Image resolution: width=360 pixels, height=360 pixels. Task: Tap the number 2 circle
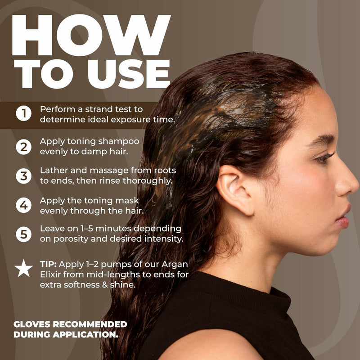[23, 146]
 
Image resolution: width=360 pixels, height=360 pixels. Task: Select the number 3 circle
[23, 175]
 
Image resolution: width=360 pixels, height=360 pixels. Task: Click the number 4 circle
[23, 205]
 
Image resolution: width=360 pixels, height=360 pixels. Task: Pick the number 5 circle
[23, 234]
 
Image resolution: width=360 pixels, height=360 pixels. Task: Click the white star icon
[23, 269]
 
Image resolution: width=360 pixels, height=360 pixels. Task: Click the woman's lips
[343, 215]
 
